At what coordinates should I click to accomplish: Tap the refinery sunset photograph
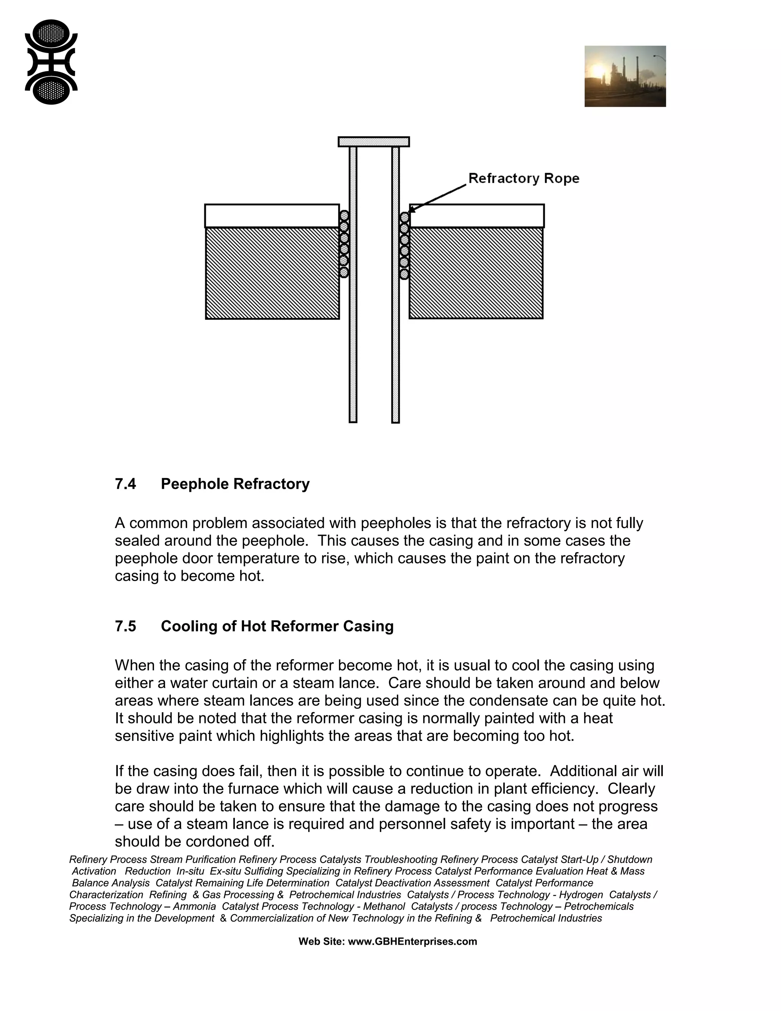[625, 76]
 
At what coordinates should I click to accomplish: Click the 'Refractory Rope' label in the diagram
[523, 178]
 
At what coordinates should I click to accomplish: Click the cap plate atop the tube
[373, 142]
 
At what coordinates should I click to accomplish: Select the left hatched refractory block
[272, 273]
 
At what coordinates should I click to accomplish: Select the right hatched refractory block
[476, 273]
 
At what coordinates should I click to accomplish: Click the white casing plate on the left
[272, 216]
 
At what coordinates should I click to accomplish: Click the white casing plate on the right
[477, 216]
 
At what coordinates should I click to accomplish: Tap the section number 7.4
[125, 484]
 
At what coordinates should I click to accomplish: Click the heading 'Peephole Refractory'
[235, 484]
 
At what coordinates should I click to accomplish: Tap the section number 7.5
[125, 626]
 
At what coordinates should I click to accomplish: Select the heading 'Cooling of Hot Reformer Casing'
[277, 626]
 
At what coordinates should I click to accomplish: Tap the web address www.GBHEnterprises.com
[412, 942]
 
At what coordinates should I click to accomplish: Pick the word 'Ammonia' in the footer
[194, 906]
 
